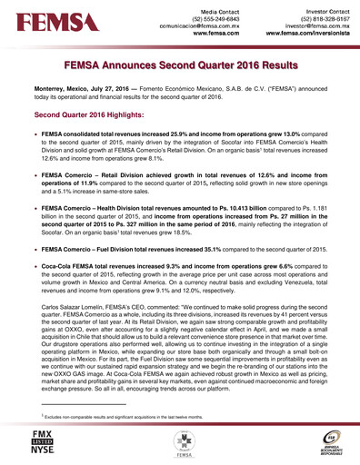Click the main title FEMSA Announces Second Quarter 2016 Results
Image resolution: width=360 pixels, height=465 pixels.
(180, 66)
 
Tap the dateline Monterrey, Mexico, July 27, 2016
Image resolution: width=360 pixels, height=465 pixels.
(85, 93)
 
